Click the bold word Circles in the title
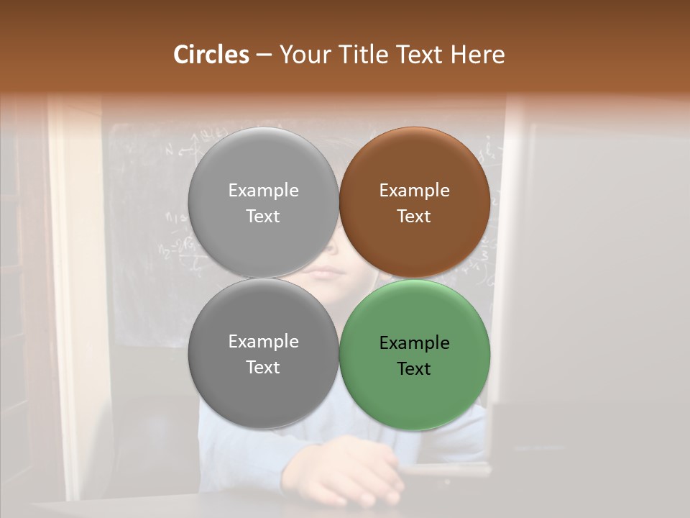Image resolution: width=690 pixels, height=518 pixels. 211,55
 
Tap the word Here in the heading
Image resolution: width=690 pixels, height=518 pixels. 478,55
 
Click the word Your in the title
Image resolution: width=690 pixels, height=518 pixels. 303,55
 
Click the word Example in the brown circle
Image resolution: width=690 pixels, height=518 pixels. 414,191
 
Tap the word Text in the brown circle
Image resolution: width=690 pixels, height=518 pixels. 414,216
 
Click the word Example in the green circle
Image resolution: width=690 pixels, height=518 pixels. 414,343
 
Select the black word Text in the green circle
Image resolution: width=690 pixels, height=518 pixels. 414,369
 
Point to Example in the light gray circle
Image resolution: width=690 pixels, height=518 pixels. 263,191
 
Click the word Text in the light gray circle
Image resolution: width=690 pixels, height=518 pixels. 263,216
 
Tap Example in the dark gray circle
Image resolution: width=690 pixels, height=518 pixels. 263,342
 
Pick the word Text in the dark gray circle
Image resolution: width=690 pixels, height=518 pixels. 263,367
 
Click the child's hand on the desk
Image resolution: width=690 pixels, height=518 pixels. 345,471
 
